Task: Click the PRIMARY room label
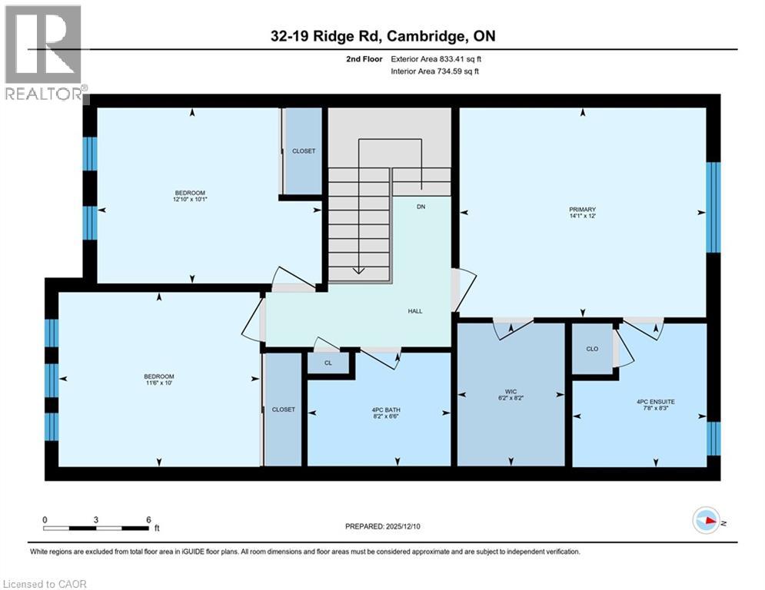tap(582, 209)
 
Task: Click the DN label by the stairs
tap(421, 207)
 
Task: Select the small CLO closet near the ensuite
tap(592, 349)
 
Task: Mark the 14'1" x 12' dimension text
tap(582, 216)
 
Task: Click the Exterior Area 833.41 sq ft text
tap(436, 58)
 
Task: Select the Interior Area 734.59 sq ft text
tap(436, 71)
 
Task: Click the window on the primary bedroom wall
tap(713, 207)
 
